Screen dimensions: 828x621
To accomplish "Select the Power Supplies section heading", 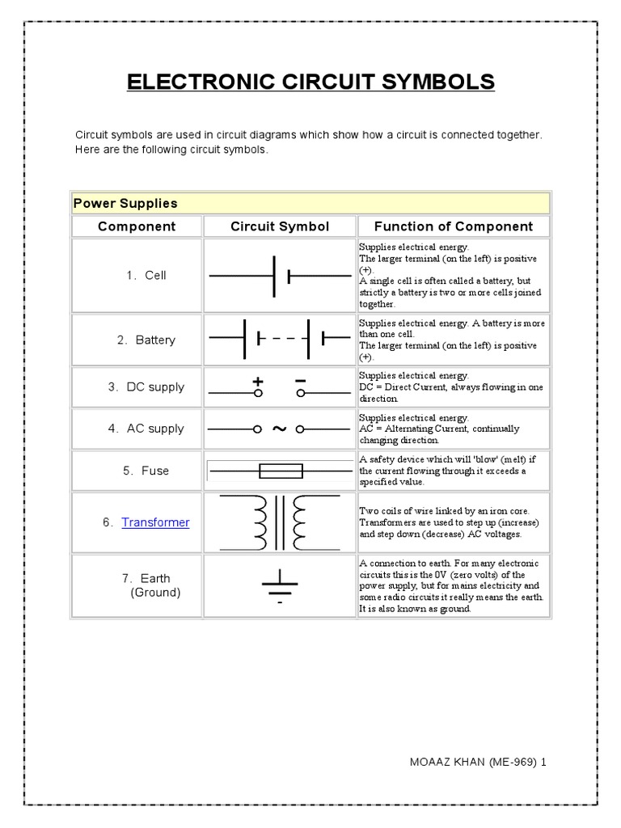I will pos(125,203).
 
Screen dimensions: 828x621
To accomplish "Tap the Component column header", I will pos(137,226).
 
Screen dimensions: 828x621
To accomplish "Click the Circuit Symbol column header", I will pos(280,226).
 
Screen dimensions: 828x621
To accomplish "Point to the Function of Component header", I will pos(453,226).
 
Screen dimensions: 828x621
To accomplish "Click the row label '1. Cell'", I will pos(146,275).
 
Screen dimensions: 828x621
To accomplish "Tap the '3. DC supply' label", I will pos(146,387).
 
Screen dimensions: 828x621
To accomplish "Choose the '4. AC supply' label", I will pos(146,429).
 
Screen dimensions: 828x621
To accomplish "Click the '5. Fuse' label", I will pos(146,471).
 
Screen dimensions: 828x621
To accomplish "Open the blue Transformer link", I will pos(155,522).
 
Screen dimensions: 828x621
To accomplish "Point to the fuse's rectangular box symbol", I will pos(280,471).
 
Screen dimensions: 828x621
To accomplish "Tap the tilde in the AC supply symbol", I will pos(280,429).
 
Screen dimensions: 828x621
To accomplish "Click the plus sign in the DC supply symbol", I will pos(259,381).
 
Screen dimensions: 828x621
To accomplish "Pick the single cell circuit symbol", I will pos(280,275).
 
